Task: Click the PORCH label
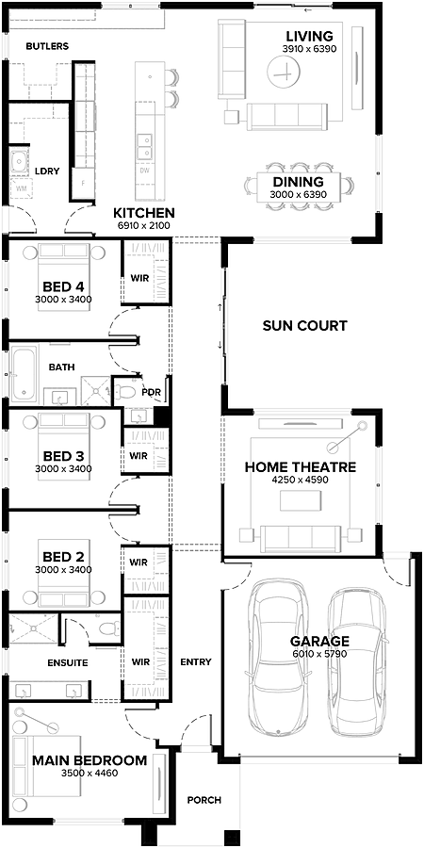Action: [204, 800]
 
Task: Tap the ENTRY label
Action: [195, 661]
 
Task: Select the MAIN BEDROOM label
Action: [90, 759]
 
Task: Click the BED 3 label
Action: [63, 456]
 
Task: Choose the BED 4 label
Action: [63, 286]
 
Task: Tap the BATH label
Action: [62, 367]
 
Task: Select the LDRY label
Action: [47, 171]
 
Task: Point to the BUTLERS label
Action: [47, 45]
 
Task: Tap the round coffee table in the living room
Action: [281, 69]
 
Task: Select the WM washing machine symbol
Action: [21, 191]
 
